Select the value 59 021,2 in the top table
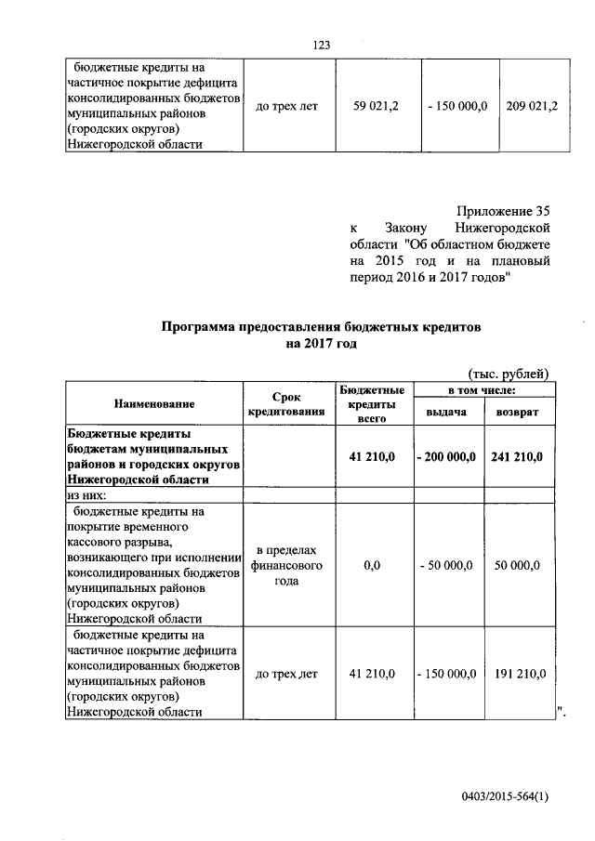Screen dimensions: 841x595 [x=377, y=107]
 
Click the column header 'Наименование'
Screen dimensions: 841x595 [x=154, y=404]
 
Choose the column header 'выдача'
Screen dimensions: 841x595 [x=445, y=411]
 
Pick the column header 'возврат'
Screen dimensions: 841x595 [x=517, y=411]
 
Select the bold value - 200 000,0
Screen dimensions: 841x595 [x=446, y=457]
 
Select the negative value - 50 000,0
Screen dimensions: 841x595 [x=446, y=564]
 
